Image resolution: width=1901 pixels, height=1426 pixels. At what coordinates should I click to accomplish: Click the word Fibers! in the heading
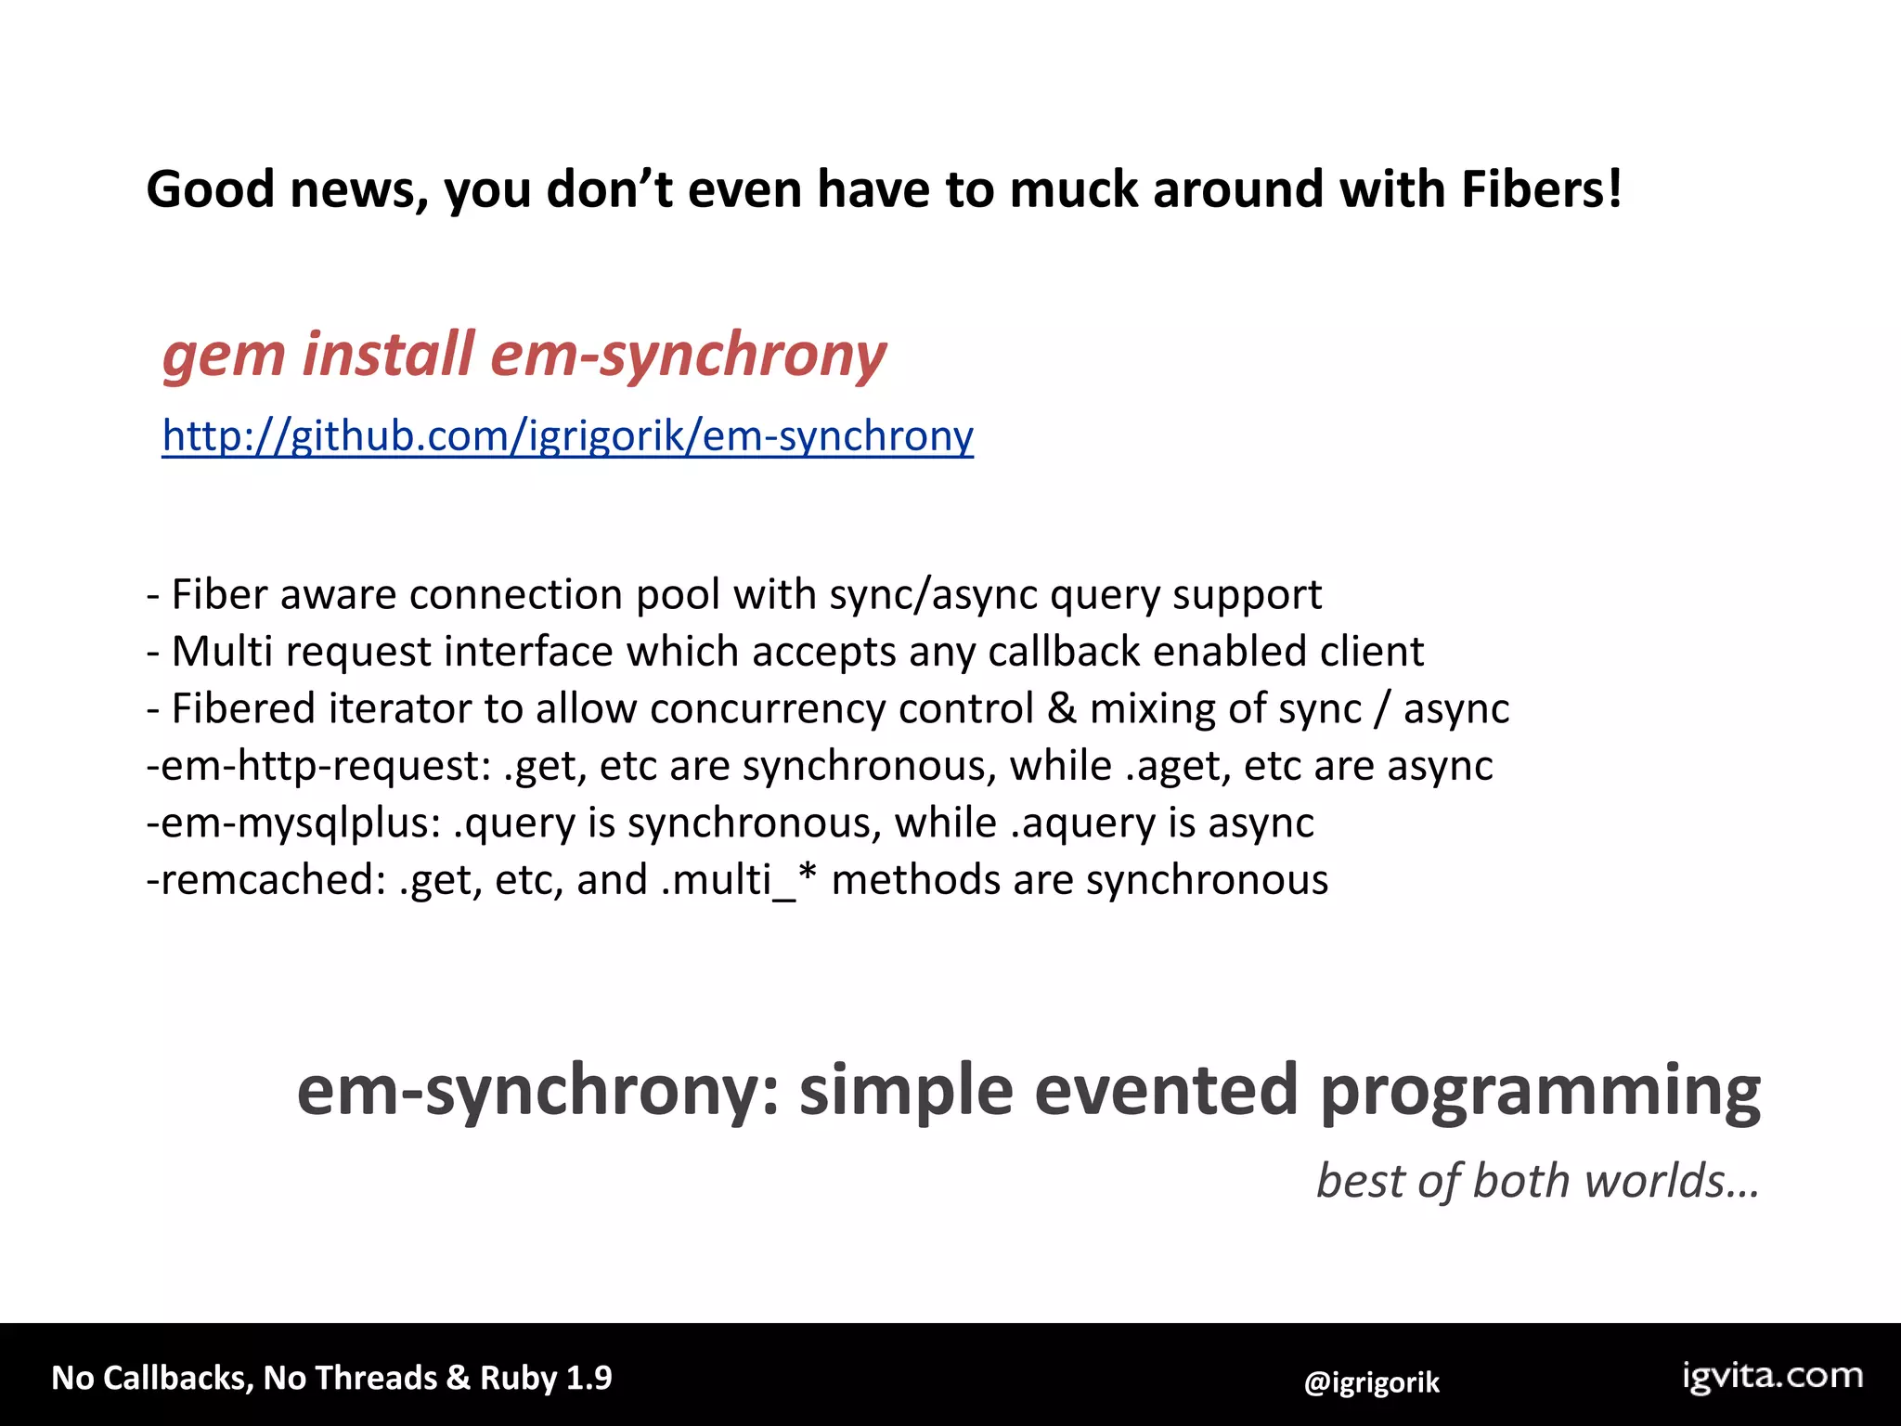tap(1542, 189)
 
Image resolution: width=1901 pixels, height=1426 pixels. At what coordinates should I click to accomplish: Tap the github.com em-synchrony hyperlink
tap(567, 435)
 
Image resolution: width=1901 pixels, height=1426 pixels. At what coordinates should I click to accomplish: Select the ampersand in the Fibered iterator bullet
tap(1061, 709)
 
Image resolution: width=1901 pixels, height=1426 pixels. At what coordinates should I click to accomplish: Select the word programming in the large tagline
tap(1540, 1092)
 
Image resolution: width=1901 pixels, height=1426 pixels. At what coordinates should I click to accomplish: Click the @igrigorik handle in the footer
tap(1371, 1382)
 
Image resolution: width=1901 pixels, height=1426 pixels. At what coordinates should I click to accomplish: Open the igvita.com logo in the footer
tap(1773, 1376)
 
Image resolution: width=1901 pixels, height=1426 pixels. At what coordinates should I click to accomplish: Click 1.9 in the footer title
tap(588, 1378)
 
